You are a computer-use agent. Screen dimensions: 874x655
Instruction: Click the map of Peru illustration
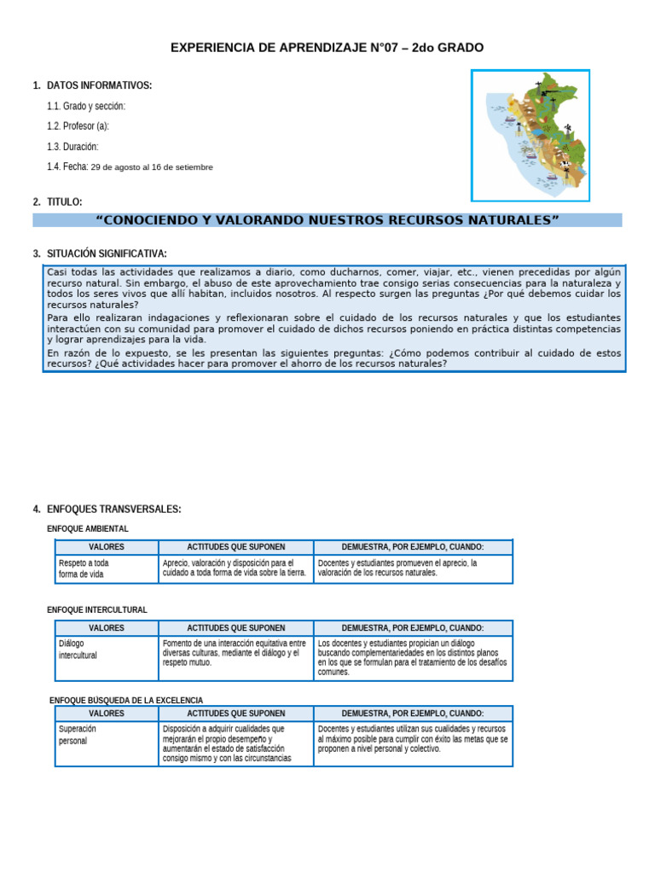coord(530,135)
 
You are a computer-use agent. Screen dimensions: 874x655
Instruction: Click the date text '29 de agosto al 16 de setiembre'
coord(152,167)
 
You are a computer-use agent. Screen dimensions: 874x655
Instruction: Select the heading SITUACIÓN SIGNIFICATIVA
coord(107,253)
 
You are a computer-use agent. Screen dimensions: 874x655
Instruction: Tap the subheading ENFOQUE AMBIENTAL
coord(88,529)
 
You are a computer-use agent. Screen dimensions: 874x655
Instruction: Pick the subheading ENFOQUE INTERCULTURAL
coord(97,610)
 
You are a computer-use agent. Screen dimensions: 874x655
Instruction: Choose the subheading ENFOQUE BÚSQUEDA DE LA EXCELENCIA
coord(126,701)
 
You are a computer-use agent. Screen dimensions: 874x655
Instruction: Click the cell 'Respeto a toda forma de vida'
coord(83,568)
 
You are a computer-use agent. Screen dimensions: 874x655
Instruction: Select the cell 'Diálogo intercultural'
coord(78,650)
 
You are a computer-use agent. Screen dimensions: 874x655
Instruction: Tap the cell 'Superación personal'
coord(78,735)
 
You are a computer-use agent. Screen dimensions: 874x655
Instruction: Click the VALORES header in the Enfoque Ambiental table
coord(107,547)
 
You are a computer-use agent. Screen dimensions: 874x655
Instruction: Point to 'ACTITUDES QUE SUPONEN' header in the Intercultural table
coord(235,628)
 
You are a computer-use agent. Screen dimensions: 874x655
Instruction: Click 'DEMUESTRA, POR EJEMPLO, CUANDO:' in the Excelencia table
coord(413,714)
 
